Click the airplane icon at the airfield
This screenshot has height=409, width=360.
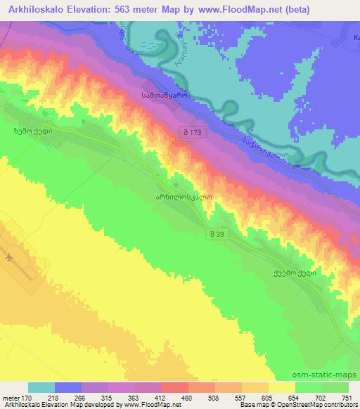point(9,257)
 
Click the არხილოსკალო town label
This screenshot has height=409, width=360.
point(184,198)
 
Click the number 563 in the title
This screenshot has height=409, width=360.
point(131,9)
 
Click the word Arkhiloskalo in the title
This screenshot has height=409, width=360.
point(34,9)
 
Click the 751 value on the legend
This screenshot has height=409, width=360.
point(344,397)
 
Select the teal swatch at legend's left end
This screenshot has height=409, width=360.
point(41,387)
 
